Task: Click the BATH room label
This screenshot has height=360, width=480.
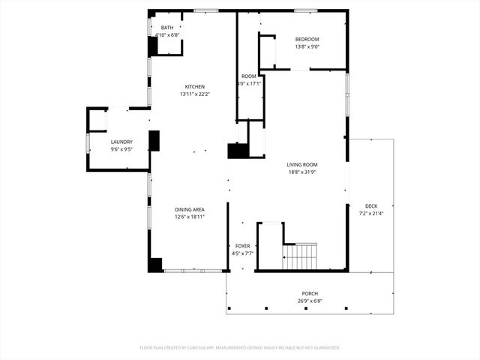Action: pyautogui.click(x=166, y=28)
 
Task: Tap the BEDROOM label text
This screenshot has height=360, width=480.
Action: pyautogui.click(x=307, y=39)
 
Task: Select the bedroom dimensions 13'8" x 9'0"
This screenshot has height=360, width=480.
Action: pyautogui.click(x=307, y=46)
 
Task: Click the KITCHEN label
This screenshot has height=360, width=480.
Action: pyautogui.click(x=195, y=87)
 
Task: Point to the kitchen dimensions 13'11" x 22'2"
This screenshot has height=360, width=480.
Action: pyautogui.click(x=195, y=94)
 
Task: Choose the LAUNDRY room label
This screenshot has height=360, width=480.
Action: pyautogui.click(x=121, y=142)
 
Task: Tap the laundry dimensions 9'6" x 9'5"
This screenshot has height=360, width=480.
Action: pyautogui.click(x=121, y=149)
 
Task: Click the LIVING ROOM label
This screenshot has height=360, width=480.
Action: pyautogui.click(x=302, y=164)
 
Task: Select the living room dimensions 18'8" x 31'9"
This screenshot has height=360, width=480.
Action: pyautogui.click(x=302, y=172)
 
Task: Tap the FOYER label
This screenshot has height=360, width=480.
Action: pyautogui.click(x=243, y=246)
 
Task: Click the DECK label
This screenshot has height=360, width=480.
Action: pyautogui.click(x=371, y=206)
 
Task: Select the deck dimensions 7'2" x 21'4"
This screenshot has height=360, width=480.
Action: pyautogui.click(x=371, y=214)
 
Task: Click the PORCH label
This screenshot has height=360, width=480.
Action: pyautogui.click(x=309, y=294)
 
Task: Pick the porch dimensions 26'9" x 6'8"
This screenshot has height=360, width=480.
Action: pyautogui.click(x=309, y=301)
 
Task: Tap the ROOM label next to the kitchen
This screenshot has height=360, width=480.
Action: pyautogui.click(x=249, y=76)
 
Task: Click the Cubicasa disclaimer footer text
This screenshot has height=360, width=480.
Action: pyautogui.click(x=240, y=348)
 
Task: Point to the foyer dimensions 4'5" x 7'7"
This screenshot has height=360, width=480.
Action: pyautogui.click(x=243, y=253)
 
